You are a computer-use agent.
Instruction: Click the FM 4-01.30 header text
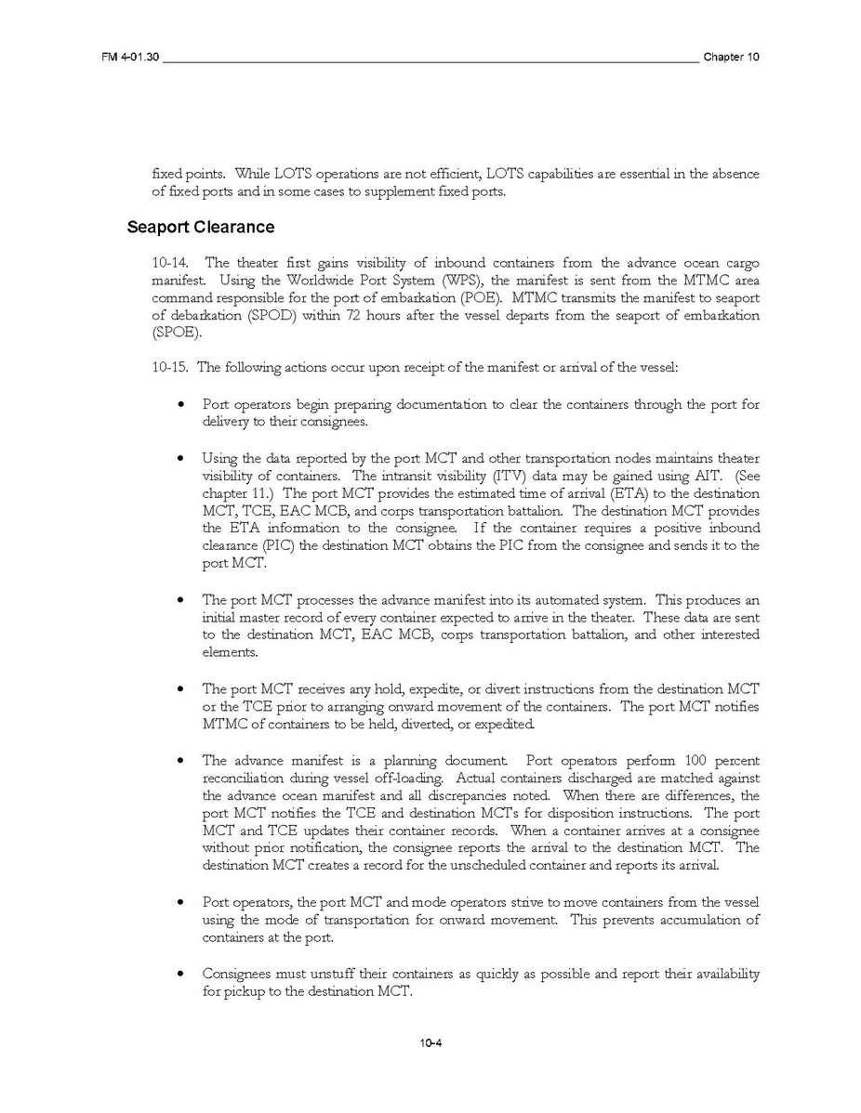130,58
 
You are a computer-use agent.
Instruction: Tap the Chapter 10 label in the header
731,58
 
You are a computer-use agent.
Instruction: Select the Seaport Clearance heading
201,227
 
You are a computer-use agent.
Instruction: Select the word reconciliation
245,778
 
